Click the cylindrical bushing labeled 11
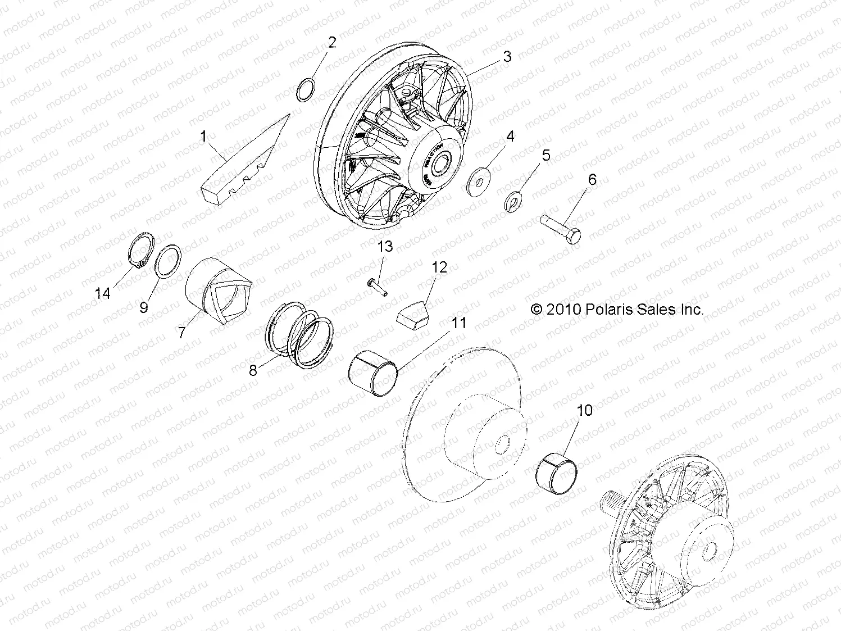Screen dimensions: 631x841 (372, 376)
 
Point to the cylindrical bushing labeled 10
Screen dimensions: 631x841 (558, 474)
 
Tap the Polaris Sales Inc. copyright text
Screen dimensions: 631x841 (617, 309)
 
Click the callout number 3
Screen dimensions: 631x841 (507, 56)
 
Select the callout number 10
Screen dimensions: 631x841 (585, 410)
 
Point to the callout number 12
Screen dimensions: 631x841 (439, 267)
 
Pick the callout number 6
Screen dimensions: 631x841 (592, 180)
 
